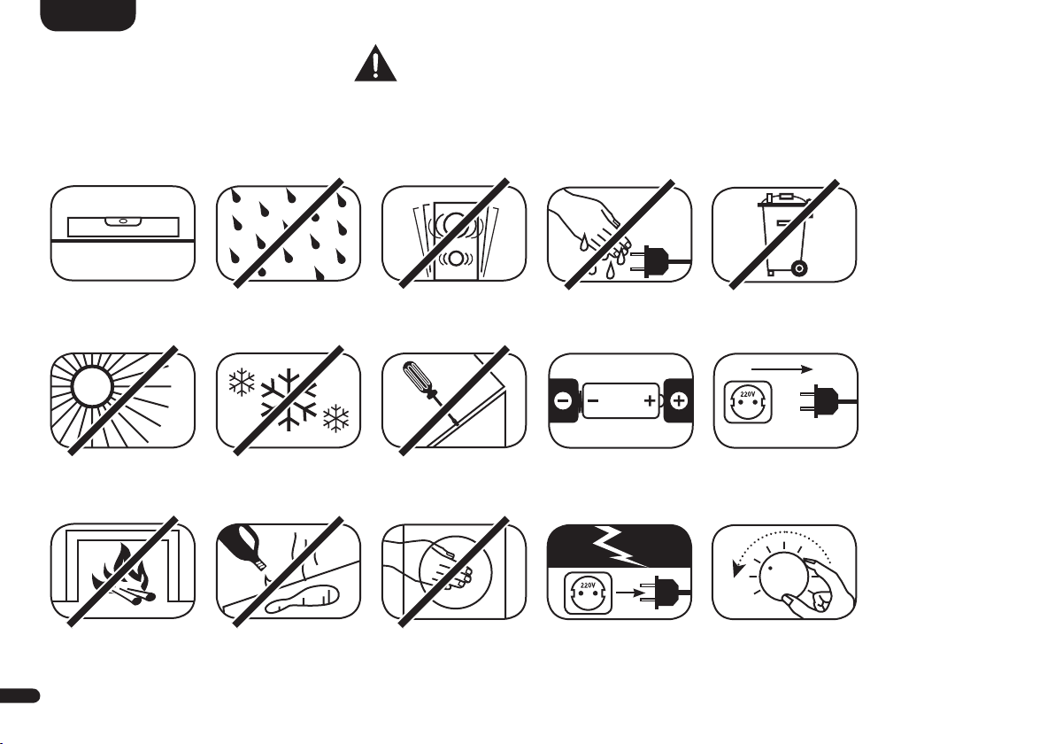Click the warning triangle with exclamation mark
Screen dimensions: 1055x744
coord(375,64)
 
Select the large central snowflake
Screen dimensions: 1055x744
coord(289,399)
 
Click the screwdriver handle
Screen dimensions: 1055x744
coord(412,376)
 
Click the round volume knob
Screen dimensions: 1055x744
coord(782,574)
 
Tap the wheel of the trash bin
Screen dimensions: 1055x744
coord(798,269)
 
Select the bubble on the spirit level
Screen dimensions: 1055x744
coord(123,221)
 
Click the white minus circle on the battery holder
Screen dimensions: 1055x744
coord(563,401)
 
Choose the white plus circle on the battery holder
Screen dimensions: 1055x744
coord(679,401)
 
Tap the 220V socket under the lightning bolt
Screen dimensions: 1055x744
coord(588,593)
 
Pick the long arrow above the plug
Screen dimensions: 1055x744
coord(782,369)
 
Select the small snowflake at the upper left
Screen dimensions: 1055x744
coord(243,383)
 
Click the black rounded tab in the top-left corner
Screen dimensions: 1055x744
coord(89,15)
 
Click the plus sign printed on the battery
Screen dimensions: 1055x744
coord(650,401)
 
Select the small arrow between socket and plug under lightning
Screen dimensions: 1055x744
coord(630,593)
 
